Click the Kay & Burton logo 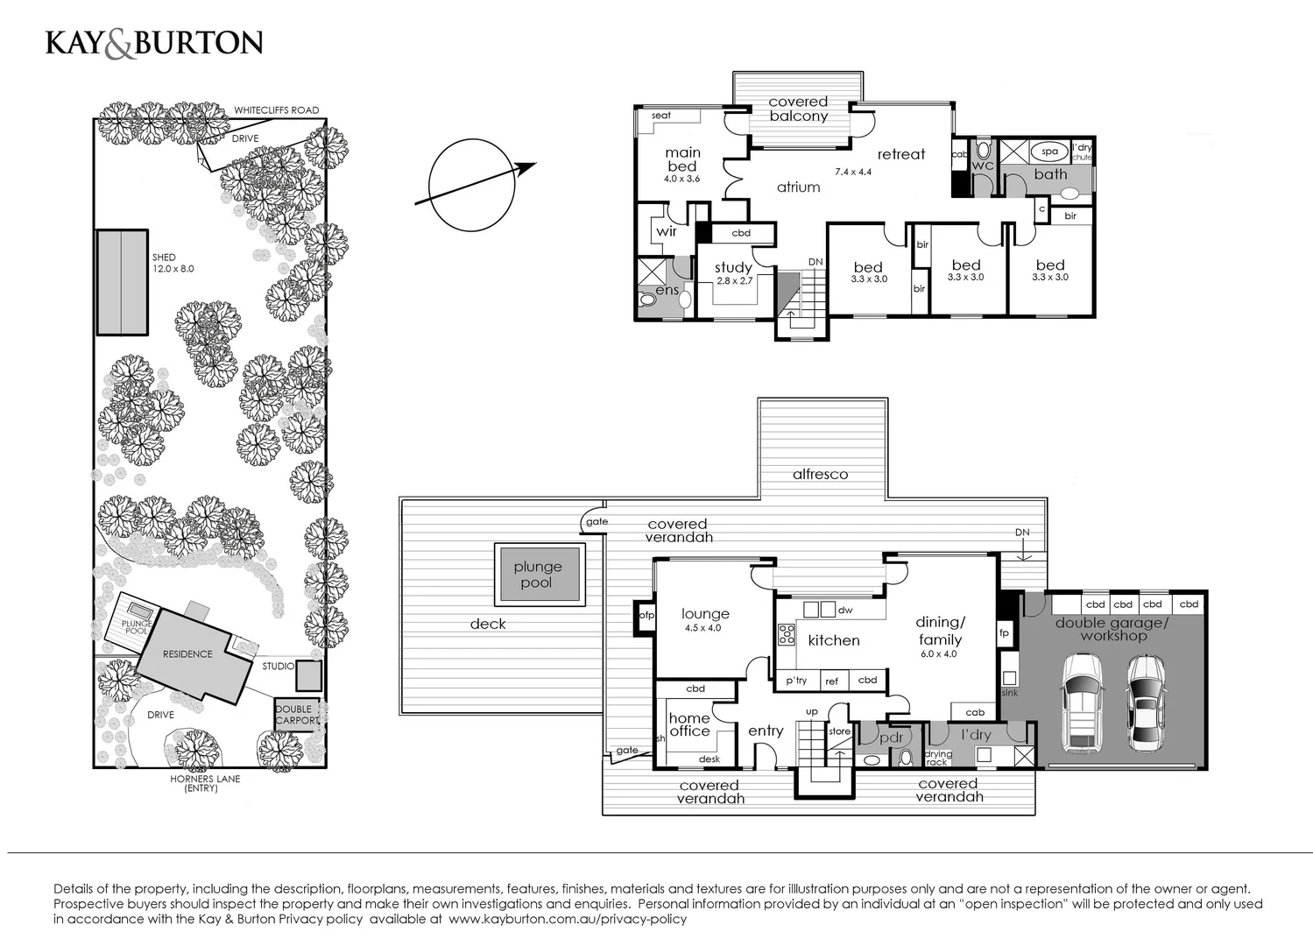pyautogui.click(x=154, y=44)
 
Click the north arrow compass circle pyautogui.click(x=470, y=185)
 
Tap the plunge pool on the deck pyautogui.click(x=538, y=575)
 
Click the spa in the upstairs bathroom pyautogui.click(x=1048, y=152)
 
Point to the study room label pyautogui.click(x=733, y=268)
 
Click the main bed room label pyautogui.click(x=682, y=159)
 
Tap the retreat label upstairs pyautogui.click(x=900, y=154)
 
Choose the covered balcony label pyautogui.click(x=798, y=109)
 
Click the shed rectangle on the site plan pyautogui.click(x=122, y=282)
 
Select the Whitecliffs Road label pyautogui.click(x=276, y=110)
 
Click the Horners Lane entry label pyautogui.click(x=205, y=783)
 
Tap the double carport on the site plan pyautogui.click(x=298, y=715)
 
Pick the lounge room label pyautogui.click(x=705, y=614)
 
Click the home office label pyautogui.click(x=689, y=724)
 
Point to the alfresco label pyautogui.click(x=820, y=474)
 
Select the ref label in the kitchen pyautogui.click(x=831, y=681)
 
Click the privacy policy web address pyautogui.click(x=568, y=919)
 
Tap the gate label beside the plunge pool pyautogui.click(x=596, y=522)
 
